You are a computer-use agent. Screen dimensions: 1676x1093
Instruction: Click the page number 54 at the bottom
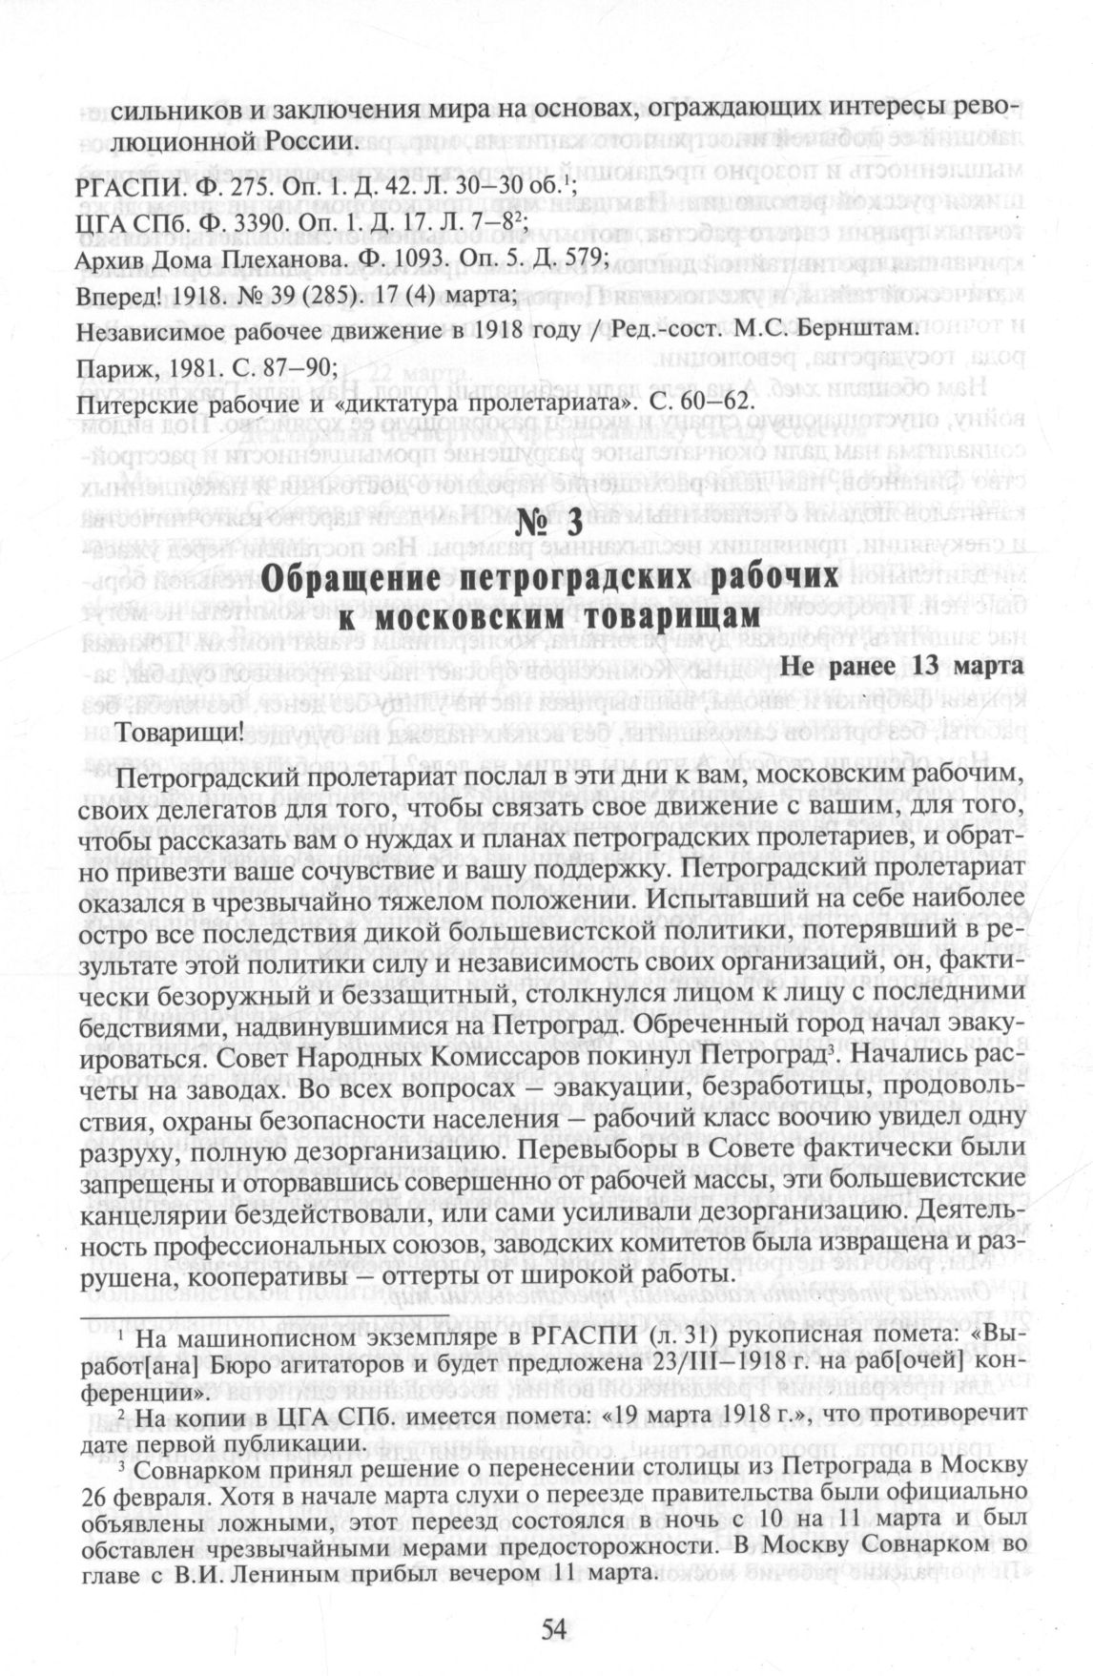[553, 1627]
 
